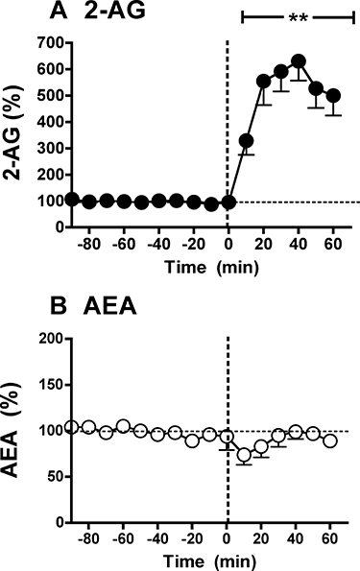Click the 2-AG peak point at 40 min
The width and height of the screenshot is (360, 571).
click(x=299, y=61)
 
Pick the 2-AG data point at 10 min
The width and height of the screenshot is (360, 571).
click(x=246, y=141)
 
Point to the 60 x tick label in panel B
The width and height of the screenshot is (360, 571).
click(x=330, y=540)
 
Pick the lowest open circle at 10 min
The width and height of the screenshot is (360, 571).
click(x=245, y=455)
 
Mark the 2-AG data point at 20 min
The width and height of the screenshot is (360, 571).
click(x=264, y=82)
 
